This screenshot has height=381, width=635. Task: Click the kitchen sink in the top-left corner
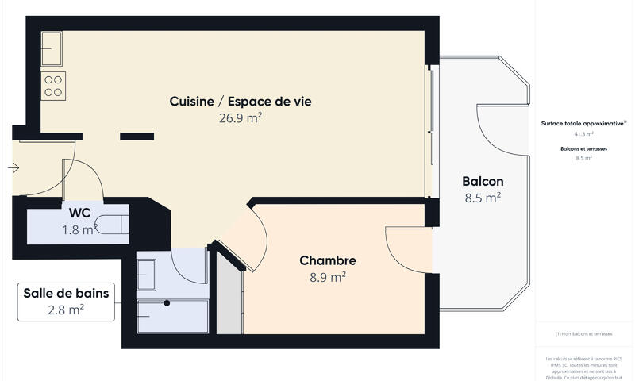point(52,48)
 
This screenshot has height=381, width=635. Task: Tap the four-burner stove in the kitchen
point(53,85)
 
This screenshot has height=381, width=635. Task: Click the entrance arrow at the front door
point(13,167)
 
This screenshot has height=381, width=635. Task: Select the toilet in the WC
point(117,223)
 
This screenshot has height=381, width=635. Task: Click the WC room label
point(79,213)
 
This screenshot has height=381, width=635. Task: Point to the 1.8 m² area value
point(79,230)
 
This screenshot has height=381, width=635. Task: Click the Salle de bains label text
point(66,294)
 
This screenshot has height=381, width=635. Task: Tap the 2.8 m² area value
point(66,310)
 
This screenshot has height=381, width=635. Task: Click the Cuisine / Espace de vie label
point(241,101)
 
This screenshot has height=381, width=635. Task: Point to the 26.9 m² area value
point(241,118)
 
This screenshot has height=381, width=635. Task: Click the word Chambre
point(327,260)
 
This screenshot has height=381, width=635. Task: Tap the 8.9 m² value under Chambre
point(327,278)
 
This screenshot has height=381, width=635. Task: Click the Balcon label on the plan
point(483,181)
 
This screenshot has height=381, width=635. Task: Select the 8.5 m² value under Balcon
point(483,198)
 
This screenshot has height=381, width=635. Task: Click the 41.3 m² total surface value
point(583,135)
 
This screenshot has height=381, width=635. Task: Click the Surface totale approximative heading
point(583,124)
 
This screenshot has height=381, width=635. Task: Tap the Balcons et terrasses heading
point(583,148)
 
